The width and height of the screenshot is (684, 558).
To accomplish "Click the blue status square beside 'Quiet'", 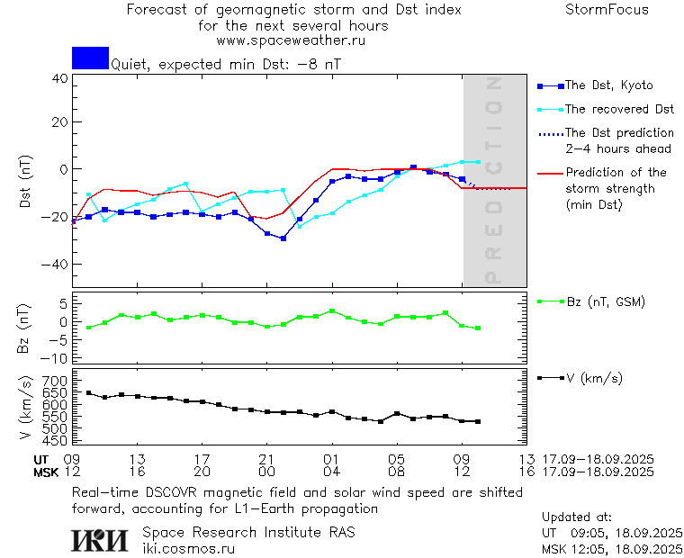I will pyautogui.click(x=90, y=58).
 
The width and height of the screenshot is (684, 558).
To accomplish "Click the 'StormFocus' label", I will pyautogui.click(x=607, y=10).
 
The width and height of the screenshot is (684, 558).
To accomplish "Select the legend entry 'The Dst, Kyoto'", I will pyautogui.click(x=608, y=85).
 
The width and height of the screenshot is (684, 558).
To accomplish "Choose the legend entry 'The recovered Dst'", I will pyautogui.click(x=619, y=110).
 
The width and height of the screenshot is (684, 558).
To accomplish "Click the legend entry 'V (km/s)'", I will pyautogui.click(x=593, y=378).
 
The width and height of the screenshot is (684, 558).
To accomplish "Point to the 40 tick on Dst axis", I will pyautogui.click(x=59, y=78).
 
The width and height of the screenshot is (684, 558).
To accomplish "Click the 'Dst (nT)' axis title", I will pyautogui.click(x=26, y=184).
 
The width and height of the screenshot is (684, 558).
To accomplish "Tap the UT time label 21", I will pyautogui.click(x=266, y=459).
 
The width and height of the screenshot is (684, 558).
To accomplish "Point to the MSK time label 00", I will pyautogui.click(x=266, y=472).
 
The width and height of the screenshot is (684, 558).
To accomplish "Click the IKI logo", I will pyautogui.click(x=101, y=539).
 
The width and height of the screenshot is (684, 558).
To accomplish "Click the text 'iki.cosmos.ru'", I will pyautogui.click(x=189, y=548).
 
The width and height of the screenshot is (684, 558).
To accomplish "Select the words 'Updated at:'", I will pyautogui.click(x=577, y=517).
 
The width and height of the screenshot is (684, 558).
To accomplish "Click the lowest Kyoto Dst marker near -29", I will pyautogui.click(x=283, y=238).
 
